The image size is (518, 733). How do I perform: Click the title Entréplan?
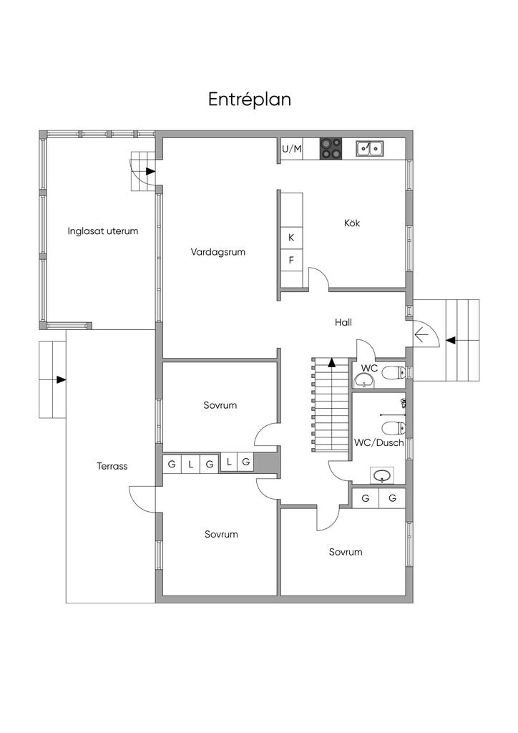coord(250,99)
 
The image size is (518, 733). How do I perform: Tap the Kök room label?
coord(352,223)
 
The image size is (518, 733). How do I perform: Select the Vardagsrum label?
coord(218,252)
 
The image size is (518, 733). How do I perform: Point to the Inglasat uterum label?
coord(103,231)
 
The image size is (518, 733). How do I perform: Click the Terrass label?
coord(112,466)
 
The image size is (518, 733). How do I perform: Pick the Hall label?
coord(343,323)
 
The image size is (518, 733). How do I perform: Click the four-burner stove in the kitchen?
coord(331,148)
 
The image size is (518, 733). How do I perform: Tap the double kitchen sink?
coord(370,148)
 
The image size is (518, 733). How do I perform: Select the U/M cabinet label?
coord(292,149)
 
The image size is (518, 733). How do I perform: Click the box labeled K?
coord(291,238)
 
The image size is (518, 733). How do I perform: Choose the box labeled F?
coord(291,260)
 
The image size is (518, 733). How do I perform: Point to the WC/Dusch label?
coord(379,443)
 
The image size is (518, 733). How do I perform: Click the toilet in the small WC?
coord(391,372)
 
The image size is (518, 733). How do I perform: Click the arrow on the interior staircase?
coord(332,363)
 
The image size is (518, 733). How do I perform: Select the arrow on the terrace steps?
coord(62,379)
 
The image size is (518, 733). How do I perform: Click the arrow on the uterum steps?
coord(150,171)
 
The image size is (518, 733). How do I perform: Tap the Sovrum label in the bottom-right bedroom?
coord(346,552)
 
